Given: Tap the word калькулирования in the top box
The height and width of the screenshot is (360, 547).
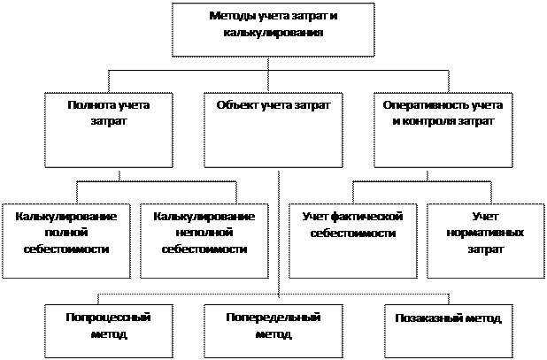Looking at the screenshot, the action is coord(273,33).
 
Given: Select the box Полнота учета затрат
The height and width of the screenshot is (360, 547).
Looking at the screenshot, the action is coord(109,130).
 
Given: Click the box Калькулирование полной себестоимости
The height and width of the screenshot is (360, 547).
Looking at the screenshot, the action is coord(66,241).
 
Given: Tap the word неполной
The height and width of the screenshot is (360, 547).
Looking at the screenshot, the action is coord(204,233).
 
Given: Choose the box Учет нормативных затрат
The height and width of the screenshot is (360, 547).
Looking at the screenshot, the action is coord(486,241).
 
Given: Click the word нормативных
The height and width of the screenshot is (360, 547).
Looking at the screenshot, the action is coord(485,233).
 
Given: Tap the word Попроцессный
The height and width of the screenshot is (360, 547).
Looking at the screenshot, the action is coord(109,318).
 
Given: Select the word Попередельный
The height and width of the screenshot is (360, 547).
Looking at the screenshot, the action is coord(273,318).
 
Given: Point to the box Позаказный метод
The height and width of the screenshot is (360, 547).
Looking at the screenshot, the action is coord(449,331).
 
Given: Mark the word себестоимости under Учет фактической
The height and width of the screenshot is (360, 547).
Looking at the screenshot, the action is coord(353,233).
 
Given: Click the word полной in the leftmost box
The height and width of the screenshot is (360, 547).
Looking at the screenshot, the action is coord(66,233).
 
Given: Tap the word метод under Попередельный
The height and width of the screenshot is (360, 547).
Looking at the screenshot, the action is coord(273,334).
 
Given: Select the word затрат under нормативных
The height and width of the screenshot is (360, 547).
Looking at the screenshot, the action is coord(486,249).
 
